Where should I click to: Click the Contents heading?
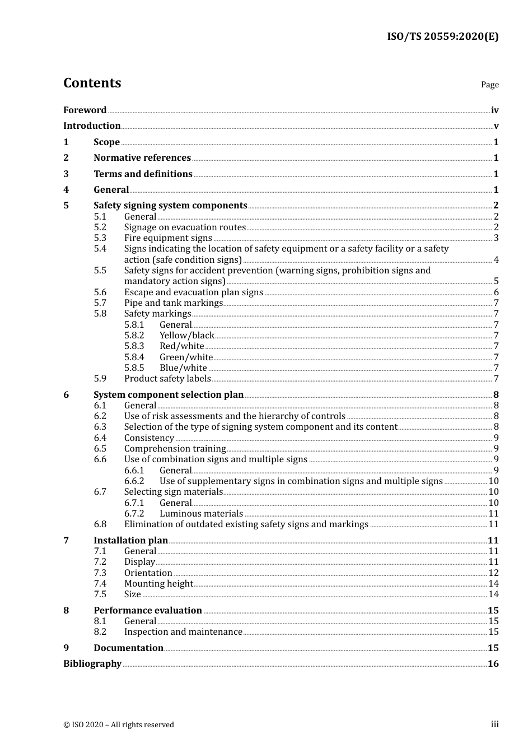click(92, 83)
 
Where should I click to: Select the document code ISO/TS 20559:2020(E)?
click(442, 36)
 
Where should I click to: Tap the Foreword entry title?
click(85, 110)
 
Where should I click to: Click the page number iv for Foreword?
click(494, 110)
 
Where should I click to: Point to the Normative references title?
click(142, 158)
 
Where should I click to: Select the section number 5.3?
click(100, 238)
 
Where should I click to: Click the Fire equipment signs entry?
click(168, 238)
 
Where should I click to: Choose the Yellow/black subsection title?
click(186, 336)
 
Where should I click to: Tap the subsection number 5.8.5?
click(134, 368)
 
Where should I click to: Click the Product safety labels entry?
click(167, 379)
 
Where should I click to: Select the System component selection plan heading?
click(169, 395)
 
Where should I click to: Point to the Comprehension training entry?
click(175, 449)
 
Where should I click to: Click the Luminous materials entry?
click(201, 514)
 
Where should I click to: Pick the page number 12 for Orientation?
click(493, 573)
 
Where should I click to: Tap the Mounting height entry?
click(158, 584)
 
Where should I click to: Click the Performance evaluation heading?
click(148, 611)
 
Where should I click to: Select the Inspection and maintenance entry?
click(183, 632)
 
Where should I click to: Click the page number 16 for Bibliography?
click(493, 664)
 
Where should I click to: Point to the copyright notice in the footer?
click(119, 725)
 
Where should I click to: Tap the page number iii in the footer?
click(494, 724)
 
